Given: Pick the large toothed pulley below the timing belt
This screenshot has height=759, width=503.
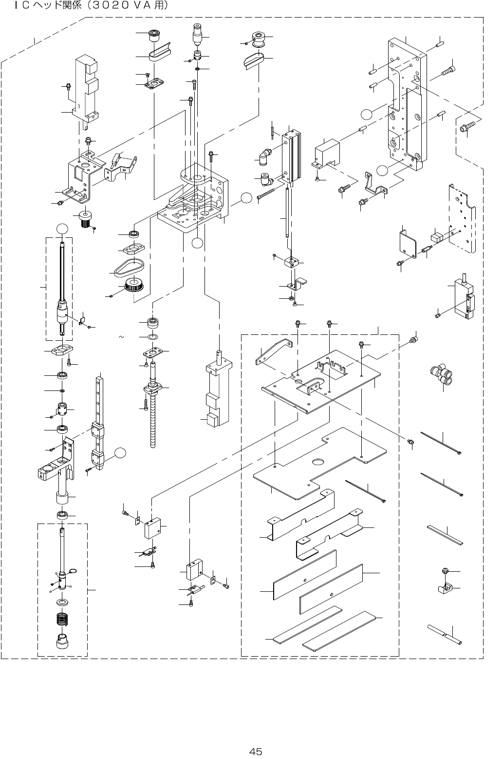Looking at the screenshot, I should (x=132, y=286).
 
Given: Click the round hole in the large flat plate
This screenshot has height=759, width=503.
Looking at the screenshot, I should (x=319, y=461).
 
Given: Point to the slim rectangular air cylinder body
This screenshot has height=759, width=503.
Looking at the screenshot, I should (x=291, y=156).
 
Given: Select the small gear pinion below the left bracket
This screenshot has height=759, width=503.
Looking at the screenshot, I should (x=86, y=219).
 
